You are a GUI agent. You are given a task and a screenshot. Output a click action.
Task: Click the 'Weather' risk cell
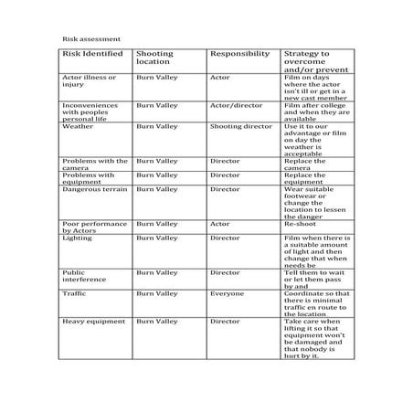[77, 127]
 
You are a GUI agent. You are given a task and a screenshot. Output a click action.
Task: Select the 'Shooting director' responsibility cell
[240, 127]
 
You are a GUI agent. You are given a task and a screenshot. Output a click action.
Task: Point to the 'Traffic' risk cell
[74, 293]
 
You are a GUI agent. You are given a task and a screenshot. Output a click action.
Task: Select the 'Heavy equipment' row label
[92, 322]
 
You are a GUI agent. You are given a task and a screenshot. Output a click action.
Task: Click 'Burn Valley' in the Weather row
[156, 127]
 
